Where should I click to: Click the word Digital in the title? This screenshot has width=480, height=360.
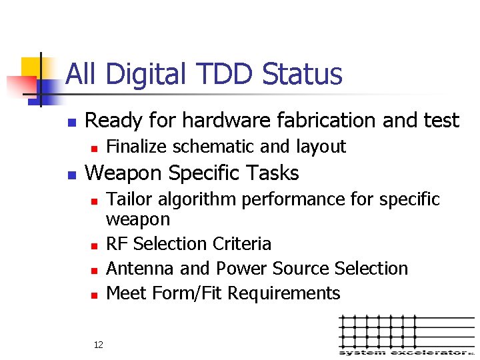[143, 75]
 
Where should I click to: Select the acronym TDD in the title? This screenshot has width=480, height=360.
[223, 75]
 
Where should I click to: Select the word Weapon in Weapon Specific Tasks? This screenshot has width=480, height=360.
[125, 173]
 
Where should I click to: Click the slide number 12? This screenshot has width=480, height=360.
[98, 345]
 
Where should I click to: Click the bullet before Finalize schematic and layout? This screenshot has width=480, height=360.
[94, 147]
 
